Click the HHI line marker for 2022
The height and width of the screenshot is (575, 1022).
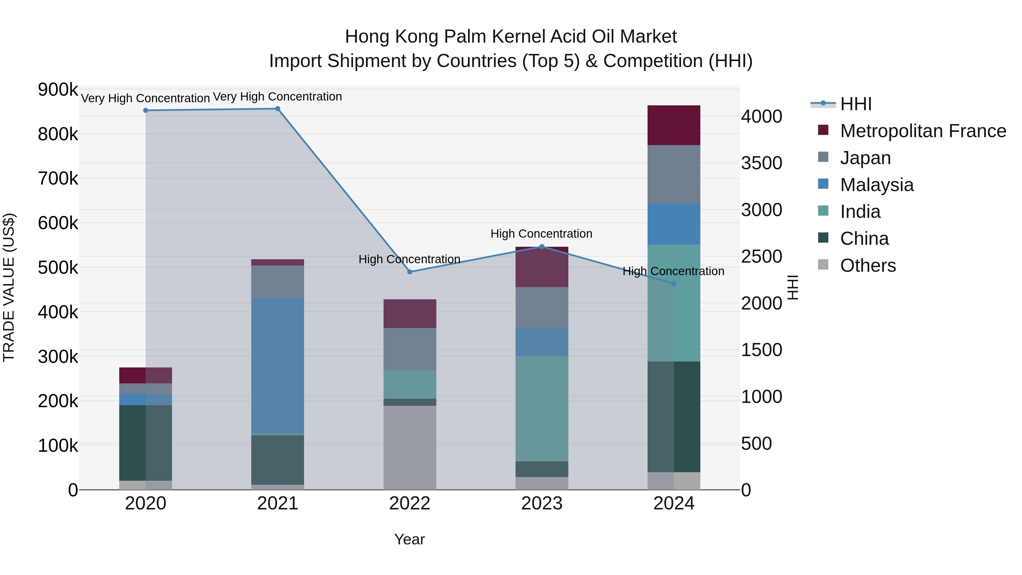(410, 272)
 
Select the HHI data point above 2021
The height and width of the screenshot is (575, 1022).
(278, 109)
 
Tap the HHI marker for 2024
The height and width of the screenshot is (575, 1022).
(674, 284)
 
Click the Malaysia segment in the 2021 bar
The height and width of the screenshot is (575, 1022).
(278, 365)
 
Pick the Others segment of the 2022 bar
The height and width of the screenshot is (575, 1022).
(410, 447)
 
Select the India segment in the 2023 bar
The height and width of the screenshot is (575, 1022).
(542, 409)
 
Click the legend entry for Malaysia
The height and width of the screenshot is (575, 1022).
(877, 185)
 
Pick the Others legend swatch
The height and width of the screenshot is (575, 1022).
(823, 265)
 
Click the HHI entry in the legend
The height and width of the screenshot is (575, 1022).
(855, 104)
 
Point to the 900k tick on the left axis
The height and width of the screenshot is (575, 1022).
(58, 90)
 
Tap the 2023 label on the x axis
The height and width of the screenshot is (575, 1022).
(542, 503)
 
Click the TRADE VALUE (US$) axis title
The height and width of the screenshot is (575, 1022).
(9, 287)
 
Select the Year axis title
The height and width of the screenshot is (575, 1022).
(409, 539)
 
